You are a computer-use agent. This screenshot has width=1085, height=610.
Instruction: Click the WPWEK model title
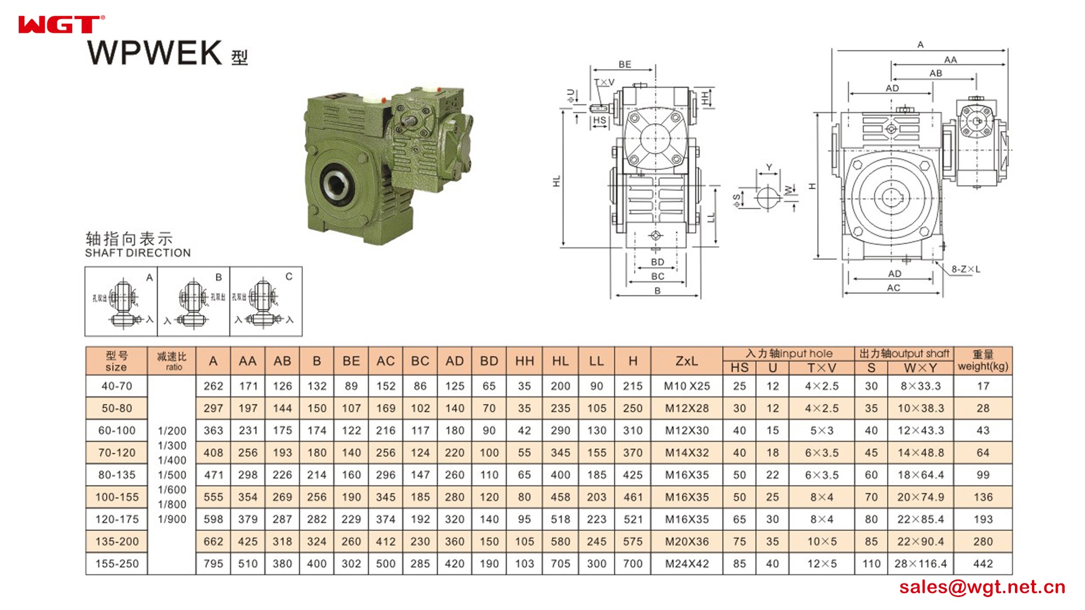(x=155, y=53)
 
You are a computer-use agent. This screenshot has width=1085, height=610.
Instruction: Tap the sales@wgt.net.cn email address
(x=982, y=587)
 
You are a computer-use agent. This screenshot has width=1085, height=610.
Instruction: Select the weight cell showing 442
(x=983, y=564)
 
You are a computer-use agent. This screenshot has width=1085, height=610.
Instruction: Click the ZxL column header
(x=687, y=361)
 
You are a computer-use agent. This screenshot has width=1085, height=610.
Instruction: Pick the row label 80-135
(x=116, y=475)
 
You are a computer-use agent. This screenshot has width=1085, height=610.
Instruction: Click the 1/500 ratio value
(x=172, y=475)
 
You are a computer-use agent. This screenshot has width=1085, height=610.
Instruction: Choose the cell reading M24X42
(x=687, y=564)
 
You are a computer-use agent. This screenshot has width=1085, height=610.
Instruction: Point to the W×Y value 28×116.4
(x=920, y=564)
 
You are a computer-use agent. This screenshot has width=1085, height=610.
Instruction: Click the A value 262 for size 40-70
(x=213, y=386)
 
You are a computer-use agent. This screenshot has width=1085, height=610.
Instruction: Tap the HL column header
(x=560, y=361)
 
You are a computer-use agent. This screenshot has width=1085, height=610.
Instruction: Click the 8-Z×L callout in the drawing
(x=965, y=269)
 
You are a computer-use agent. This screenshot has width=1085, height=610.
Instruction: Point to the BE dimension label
(x=624, y=64)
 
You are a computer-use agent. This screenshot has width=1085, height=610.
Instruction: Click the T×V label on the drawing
(x=605, y=82)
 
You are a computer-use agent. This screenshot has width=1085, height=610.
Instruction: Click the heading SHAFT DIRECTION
(x=138, y=253)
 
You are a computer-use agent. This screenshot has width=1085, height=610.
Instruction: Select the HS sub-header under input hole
(x=739, y=368)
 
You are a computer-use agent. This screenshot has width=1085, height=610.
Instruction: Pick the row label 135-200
(x=116, y=542)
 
